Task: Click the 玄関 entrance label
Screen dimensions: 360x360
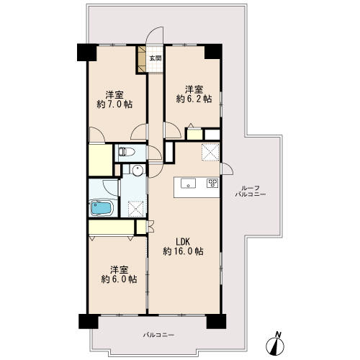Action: (x=156, y=58)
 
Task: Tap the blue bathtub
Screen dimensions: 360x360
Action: (x=102, y=208)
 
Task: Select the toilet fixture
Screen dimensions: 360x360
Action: (x=126, y=151)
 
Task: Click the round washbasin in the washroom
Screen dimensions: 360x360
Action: (x=138, y=170)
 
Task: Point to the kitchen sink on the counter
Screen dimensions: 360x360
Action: (x=188, y=184)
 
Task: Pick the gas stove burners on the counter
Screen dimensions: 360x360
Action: (x=212, y=183)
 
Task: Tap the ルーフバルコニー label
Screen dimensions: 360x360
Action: (x=251, y=191)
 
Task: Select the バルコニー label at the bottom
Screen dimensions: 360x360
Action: (x=158, y=335)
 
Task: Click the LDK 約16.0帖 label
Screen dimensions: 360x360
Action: (x=184, y=246)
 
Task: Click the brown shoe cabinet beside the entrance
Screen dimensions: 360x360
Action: (x=142, y=59)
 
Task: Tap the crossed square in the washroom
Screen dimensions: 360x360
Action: (x=135, y=209)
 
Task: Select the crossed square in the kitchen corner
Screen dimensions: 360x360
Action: (x=210, y=152)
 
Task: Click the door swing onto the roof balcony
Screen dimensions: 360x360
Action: (x=228, y=169)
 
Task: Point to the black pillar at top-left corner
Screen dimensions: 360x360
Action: (x=86, y=52)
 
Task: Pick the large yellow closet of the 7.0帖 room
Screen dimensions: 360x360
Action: (x=101, y=160)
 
